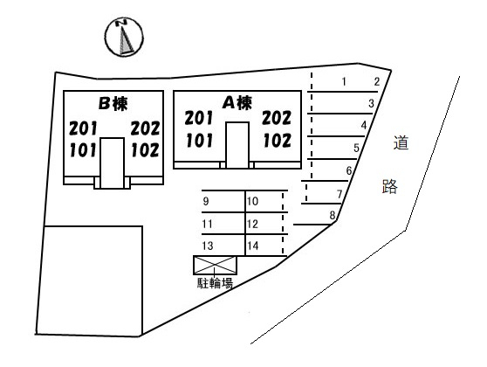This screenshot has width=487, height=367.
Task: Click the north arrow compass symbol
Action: click(x=124, y=38)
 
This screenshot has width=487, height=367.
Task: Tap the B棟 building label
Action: click(x=113, y=104)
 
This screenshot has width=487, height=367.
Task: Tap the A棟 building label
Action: click(x=237, y=102)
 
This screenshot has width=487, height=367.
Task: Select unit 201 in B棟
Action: click(x=83, y=128)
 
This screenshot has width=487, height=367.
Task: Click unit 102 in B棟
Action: click(x=146, y=150)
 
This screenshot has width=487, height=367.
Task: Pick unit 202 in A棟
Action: click(x=277, y=118)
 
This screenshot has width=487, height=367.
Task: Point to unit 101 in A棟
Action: click(x=200, y=141)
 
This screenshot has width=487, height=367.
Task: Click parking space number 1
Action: click(x=344, y=82)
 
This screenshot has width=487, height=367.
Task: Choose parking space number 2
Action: click(x=377, y=82)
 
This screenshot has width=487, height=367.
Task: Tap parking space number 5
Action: click(x=357, y=148)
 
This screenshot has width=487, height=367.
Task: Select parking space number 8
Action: click(x=333, y=215)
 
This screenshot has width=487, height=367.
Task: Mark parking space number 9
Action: click(x=206, y=202)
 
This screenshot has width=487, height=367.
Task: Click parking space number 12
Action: click(x=253, y=224)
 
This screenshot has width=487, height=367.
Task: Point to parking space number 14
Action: click(x=253, y=246)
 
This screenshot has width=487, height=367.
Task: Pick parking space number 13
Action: click(x=208, y=246)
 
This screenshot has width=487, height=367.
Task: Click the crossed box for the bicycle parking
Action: click(x=215, y=266)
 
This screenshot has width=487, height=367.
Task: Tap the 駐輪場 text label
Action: click(x=215, y=283)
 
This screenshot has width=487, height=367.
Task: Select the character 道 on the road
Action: click(x=401, y=143)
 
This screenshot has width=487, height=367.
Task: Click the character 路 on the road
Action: click(x=390, y=187)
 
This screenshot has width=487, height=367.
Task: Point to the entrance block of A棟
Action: click(x=237, y=145)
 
